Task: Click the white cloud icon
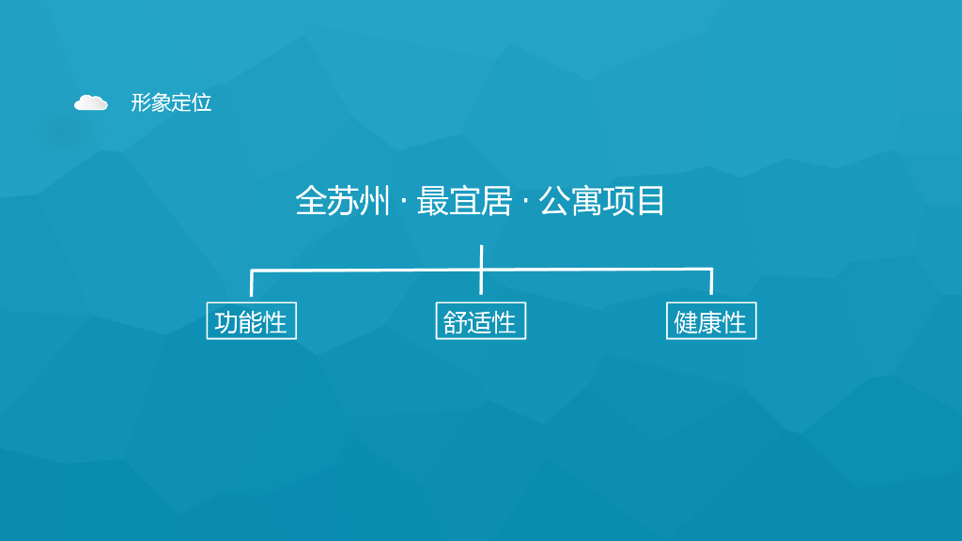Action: [x=91, y=102]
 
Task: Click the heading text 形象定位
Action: [x=171, y=103]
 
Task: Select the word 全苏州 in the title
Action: [x=342, y=201]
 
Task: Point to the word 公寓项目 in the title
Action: [x=602, y=201]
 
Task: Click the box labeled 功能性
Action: [x=251, y=322]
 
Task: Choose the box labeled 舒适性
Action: [x=480, y=322]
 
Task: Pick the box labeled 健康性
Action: [x=711, y=322]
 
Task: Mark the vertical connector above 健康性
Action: [x=711, y=282]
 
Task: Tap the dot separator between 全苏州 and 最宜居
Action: [x=403, y=202]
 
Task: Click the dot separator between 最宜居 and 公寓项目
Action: [x=525, y=202]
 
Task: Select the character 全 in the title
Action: [x=311, y=201]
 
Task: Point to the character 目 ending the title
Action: [x=650, y=201]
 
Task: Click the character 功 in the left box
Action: [x=226, y=322]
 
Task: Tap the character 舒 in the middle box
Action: [x=456, y=322]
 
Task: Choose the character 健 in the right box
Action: [x=687, y=322]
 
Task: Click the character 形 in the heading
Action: [x=141, y=103]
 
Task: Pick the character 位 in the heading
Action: [x=202, y=103]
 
